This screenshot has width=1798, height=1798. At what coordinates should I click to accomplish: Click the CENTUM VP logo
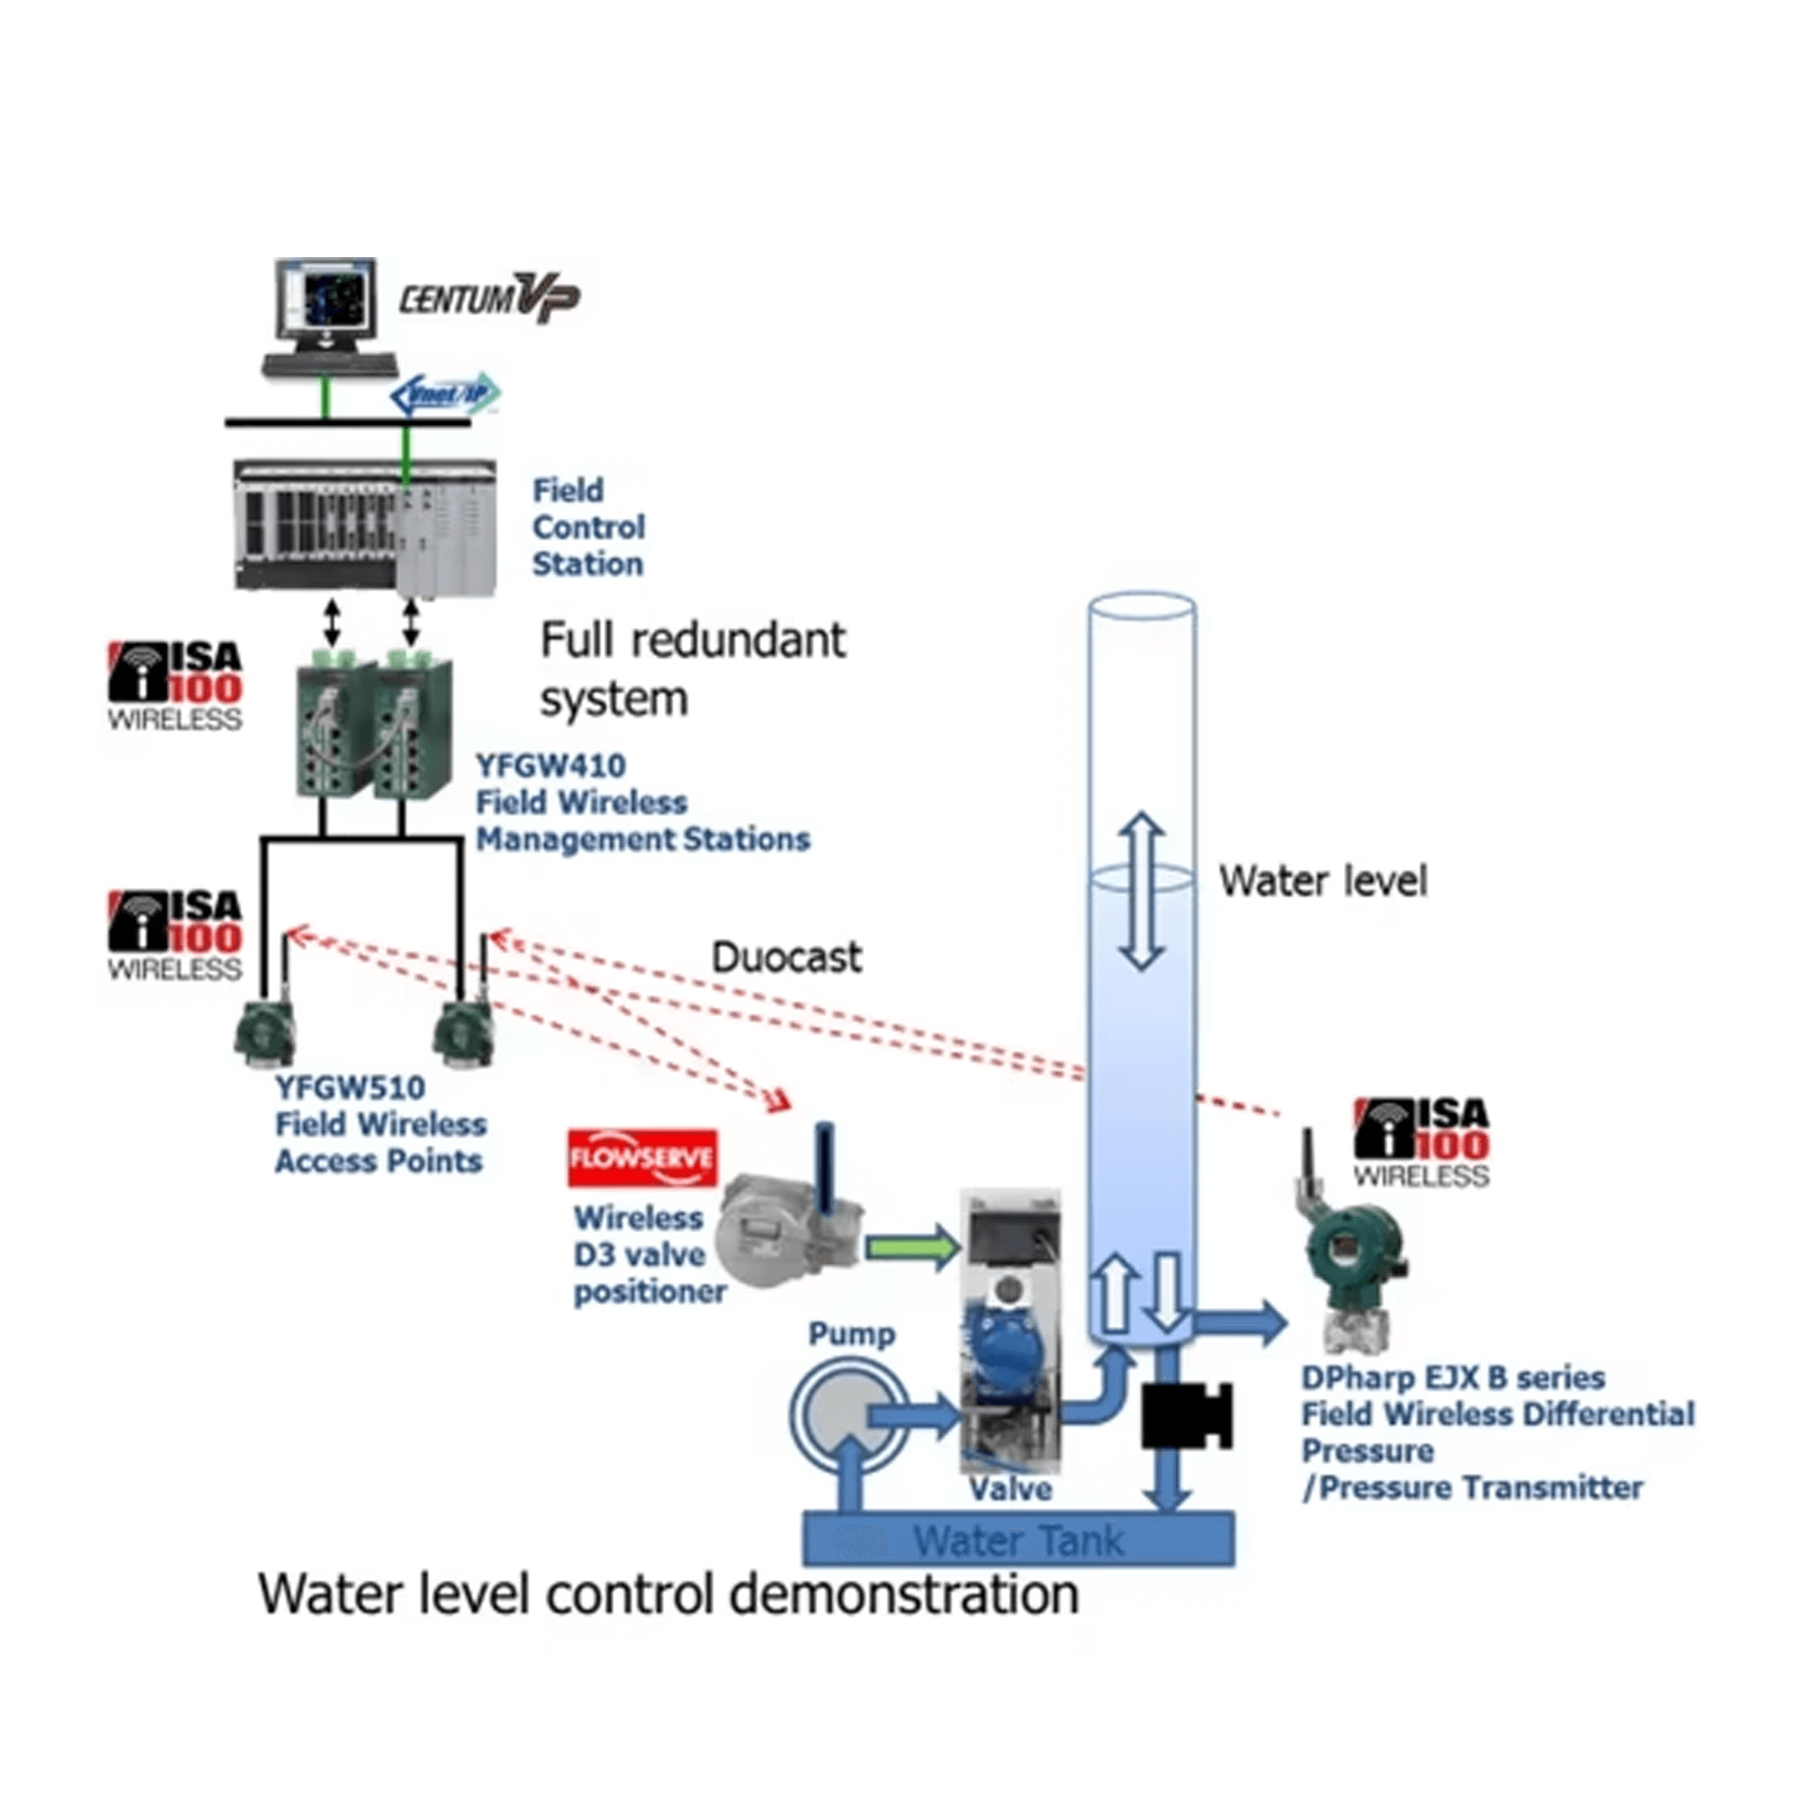tap(490, 298)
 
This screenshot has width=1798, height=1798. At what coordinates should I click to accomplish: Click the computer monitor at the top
tap(327, 307)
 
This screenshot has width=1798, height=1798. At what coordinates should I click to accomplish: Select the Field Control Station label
tap(587, 527)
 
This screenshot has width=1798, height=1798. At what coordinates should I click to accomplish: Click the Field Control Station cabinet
tap(363, 527)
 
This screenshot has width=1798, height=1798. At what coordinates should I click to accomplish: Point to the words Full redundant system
tap(693, 669)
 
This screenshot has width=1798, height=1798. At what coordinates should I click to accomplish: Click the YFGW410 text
tap(551, 766)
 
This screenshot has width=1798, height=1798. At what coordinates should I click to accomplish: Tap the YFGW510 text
tap(350, 1087)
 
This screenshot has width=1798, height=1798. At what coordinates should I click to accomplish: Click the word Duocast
tap(787, 957)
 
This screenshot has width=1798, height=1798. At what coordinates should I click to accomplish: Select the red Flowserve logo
tap(642, 1158)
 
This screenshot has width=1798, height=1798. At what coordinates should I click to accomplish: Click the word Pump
tap(852, 1334)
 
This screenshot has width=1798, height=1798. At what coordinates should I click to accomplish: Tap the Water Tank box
tap(1019, 1540)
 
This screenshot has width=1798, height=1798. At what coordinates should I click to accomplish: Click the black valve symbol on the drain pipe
tap(1187, 1414)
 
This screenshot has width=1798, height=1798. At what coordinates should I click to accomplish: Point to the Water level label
tap(1322, 881)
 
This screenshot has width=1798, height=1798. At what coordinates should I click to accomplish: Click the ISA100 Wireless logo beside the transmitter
tap(1421, 1143)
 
